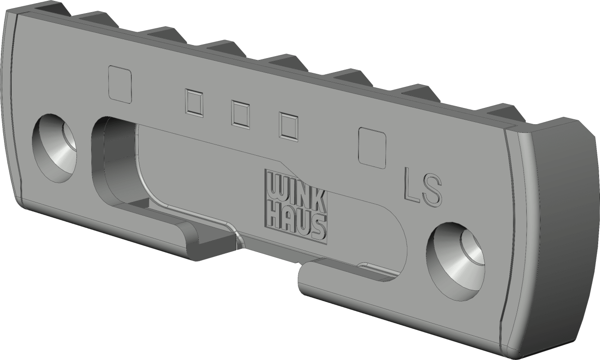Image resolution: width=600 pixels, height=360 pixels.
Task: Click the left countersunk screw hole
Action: click(54, 148)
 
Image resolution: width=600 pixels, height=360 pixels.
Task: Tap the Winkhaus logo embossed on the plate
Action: click(296, 206)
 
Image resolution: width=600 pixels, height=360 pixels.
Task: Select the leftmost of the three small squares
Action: click(193, 103)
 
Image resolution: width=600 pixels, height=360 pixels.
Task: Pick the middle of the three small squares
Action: click(240, 114)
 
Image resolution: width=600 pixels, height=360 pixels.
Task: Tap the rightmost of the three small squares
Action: click(288, 126)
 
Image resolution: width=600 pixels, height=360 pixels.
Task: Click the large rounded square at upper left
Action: click(120, 85)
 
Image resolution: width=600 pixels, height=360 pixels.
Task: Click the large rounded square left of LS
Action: click(372, 148)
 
